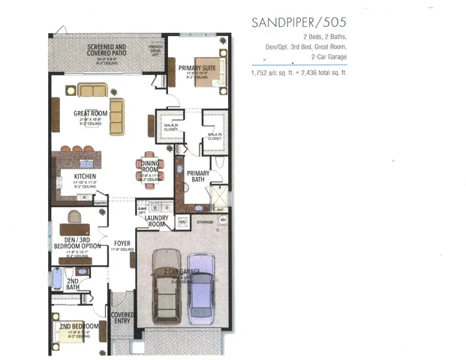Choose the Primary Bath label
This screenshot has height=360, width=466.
(198, 176)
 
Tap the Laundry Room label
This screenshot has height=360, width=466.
(156, 221)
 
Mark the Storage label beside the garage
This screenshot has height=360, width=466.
(205, 221)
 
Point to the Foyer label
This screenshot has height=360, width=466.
(122, 244)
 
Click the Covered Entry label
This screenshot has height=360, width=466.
(122, 318)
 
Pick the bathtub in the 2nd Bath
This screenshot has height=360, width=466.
(57, 278)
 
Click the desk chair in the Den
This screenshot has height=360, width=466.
(74, 217)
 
